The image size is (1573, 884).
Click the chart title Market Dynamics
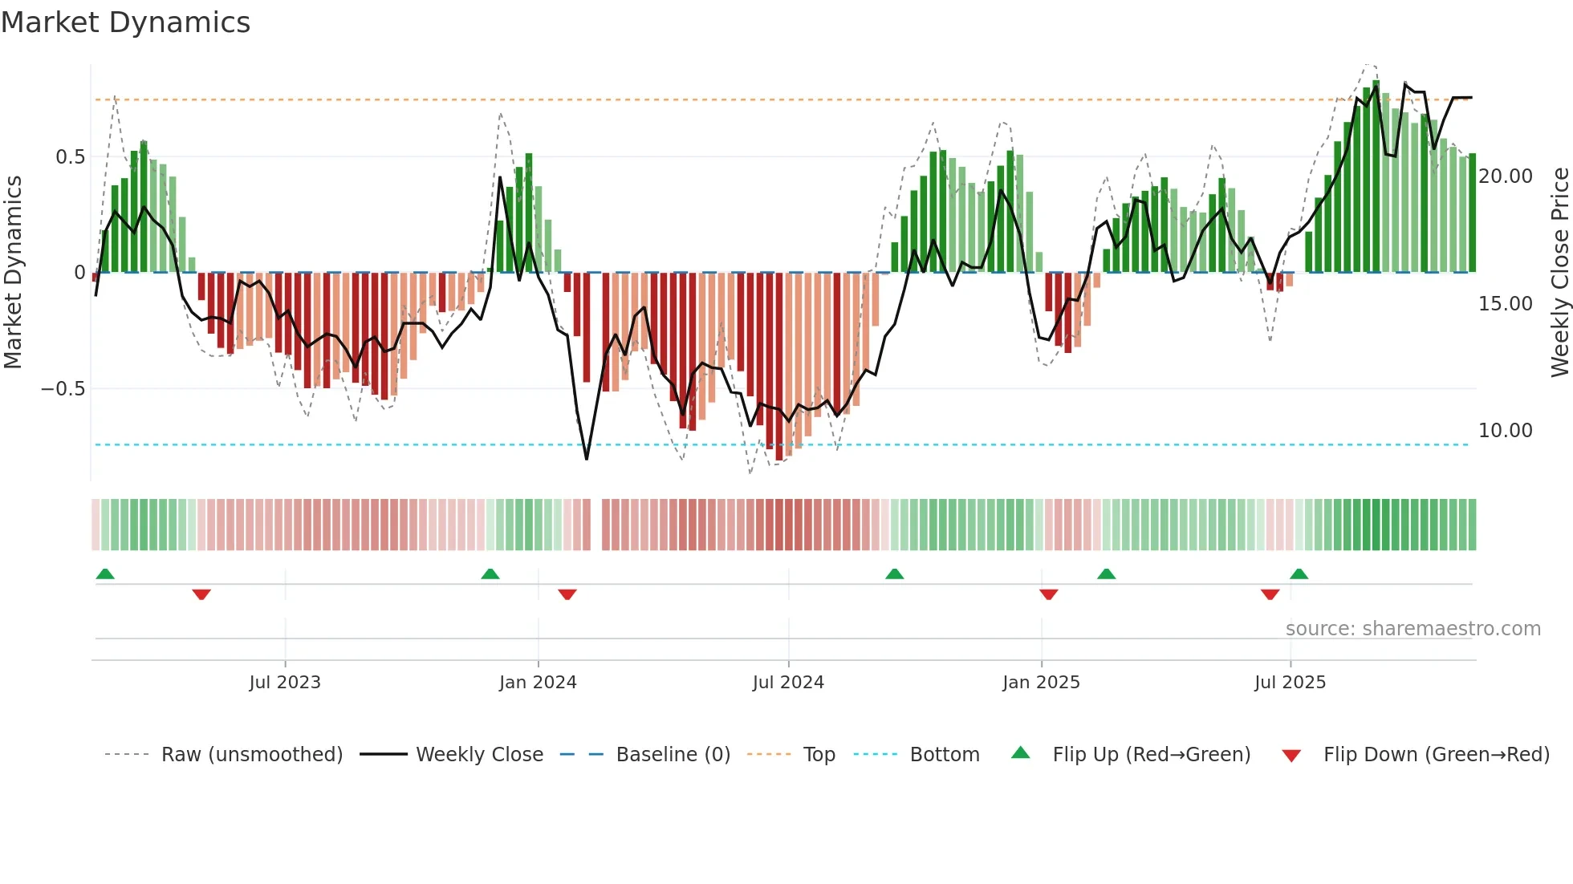pos(125,22)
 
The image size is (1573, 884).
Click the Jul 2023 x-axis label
pos(284,683)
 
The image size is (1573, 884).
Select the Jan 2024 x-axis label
pos(538,683)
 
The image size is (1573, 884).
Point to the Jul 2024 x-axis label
pos(788,683)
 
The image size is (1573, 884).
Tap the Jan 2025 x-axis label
pos(1041,683)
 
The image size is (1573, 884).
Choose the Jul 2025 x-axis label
pos(1290,683)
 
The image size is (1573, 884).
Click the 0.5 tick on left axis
pos(70,157)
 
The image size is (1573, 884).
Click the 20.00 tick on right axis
pos(1505,176)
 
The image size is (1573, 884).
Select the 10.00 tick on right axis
pos(1505,431)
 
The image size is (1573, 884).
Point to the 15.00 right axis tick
pos(1505,304)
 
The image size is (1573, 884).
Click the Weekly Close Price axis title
pos(1559,272)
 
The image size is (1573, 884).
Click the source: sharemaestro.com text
pos(1412,629)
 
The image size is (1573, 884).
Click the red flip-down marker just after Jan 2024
pos(567,594)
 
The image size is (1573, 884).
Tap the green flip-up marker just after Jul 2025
pos(1299,574)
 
